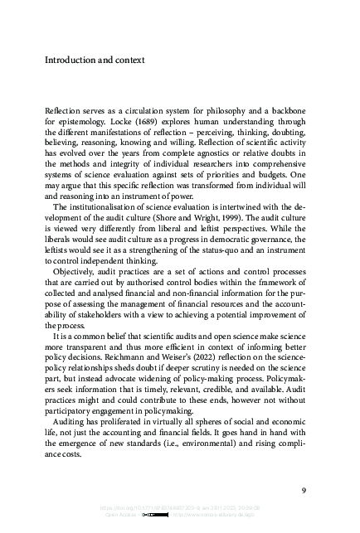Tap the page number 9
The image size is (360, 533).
(304, 490)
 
